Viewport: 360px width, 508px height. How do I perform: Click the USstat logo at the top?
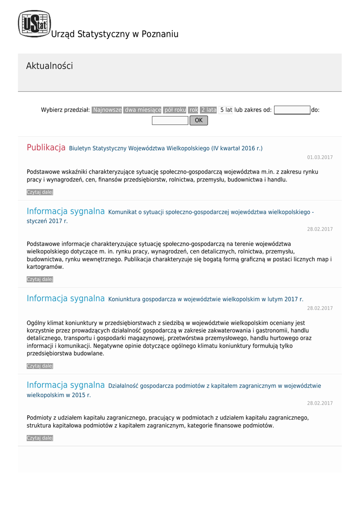tap(34, 24)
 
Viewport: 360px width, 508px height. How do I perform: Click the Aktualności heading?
tap(49, 66)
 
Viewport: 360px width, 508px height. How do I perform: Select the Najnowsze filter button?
tap(107, 110)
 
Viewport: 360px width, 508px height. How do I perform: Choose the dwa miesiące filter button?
tap(143, 110)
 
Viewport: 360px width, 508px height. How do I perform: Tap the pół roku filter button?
tap(175, 110)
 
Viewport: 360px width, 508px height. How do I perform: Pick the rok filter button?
tap(193, 110)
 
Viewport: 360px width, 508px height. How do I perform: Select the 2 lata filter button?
tap(209, 110)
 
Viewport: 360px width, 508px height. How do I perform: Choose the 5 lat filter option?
tap(226, 110)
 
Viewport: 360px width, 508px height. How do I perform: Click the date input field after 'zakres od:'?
tap(292, 110)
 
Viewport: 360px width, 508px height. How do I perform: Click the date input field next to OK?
tap(170, 121)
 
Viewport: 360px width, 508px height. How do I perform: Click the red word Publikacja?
tap(46, 147)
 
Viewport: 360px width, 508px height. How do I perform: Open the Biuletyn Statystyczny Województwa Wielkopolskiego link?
tap(166, 148)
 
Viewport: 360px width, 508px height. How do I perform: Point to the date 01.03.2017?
tap(320, 157)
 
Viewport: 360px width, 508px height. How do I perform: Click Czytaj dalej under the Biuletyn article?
tap(40, 192)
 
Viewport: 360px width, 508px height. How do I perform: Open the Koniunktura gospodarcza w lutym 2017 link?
tap(206, 299)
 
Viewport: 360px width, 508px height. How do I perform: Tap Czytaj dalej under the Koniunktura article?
tap(40, 366)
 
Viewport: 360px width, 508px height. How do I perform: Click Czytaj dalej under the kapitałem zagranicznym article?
tap(40, 438)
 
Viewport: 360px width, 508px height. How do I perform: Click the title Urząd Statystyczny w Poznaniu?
tap(115, 34)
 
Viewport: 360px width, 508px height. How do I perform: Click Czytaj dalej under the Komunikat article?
tap(40, 279)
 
